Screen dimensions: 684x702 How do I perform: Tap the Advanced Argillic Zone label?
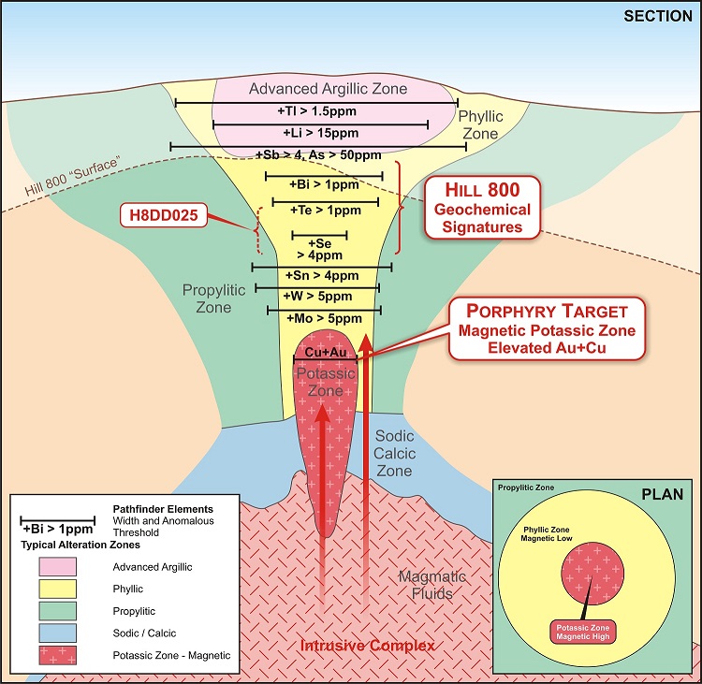[329, 89]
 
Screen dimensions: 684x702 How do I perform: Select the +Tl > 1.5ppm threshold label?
[317, 111]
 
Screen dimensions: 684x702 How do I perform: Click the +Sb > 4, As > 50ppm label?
[318, 154]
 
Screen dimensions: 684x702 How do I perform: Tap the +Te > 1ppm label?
[325, 211]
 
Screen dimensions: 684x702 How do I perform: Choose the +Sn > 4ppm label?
[320, 276]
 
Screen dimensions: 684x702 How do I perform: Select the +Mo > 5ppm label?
[321, 319]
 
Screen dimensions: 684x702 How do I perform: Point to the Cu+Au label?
[327, 352]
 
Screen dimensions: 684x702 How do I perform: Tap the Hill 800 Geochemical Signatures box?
[482, 207]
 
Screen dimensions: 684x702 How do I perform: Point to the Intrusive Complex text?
[367, 647]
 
